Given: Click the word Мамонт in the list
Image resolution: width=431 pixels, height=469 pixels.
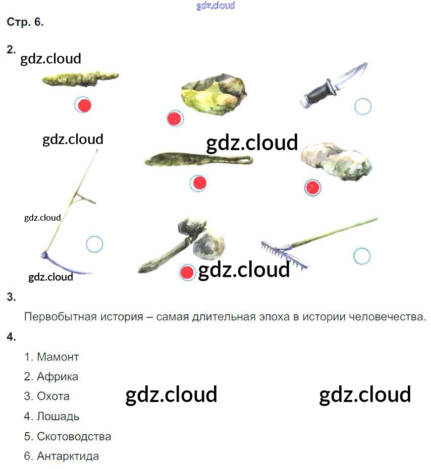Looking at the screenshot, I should [58, 357].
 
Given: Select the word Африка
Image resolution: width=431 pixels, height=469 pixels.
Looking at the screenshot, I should [57, 377].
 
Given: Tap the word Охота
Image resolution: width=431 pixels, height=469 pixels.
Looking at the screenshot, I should [53, 396].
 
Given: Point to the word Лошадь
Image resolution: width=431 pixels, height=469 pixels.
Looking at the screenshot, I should [58, 417].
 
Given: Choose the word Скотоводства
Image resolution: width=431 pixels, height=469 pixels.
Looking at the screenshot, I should [74, 437].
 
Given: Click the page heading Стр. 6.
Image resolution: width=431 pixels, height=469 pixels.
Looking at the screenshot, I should [25, 23].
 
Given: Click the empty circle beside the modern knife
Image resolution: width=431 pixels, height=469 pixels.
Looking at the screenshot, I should [362, 107].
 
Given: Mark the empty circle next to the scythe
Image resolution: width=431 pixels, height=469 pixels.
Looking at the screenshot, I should [94, 244].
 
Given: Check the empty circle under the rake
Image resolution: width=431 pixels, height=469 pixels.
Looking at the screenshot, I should [362, 256].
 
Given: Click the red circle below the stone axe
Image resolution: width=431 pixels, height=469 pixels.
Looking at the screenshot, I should [187, 273].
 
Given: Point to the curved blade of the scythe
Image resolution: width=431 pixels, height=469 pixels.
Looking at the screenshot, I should [66, 265].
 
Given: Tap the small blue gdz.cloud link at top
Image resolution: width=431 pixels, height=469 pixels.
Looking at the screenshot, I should [215, 6].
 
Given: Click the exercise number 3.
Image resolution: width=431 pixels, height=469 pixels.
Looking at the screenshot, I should [11, 297].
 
